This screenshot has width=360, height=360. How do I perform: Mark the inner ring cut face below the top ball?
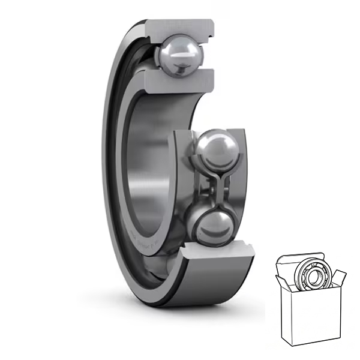point(180,78)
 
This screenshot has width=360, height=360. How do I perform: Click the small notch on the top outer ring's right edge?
point(211,37)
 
